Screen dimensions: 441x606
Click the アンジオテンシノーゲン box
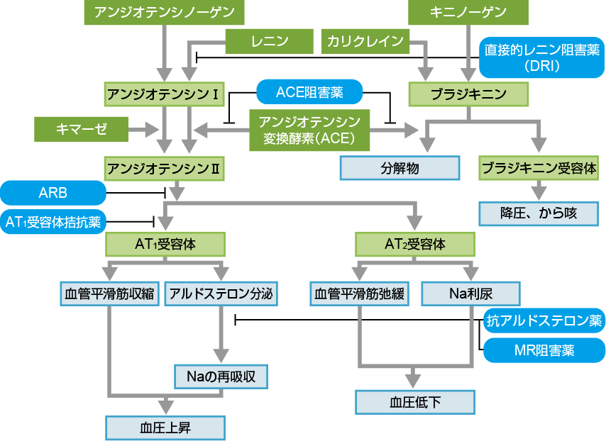[164, 12]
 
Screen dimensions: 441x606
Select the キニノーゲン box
[468, 12]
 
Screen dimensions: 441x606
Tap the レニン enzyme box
[270, 41]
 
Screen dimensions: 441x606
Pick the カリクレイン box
[365, 41]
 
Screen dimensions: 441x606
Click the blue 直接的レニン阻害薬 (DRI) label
[542, 58]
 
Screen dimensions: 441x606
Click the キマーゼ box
[82, 129]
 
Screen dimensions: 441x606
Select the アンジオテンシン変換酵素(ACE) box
[309, 129]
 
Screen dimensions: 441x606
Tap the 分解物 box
[400, 169]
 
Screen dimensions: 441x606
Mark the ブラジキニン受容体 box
[539, 169]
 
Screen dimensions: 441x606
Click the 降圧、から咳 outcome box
[539, 213]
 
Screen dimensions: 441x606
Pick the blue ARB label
[53, 192]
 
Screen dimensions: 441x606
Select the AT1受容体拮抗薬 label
[53, 222]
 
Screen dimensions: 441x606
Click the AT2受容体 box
[415, 245]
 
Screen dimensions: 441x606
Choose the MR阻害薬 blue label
[544, 350]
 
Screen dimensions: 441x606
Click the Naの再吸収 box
[221, 376]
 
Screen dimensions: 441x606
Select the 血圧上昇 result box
[165, 428]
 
